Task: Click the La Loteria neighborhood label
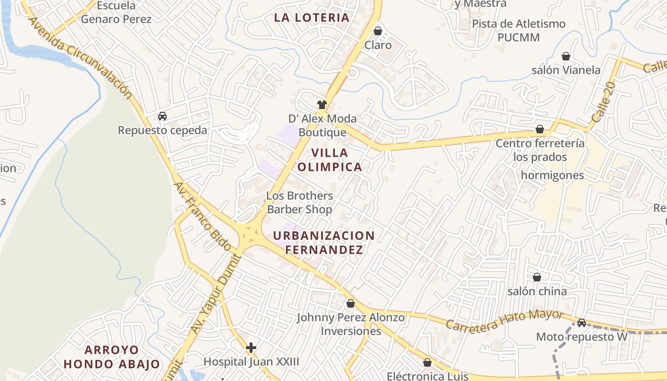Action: (x=312, y=18)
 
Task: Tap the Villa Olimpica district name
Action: (x=337, y=160)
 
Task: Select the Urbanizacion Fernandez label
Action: (x=324, y=242)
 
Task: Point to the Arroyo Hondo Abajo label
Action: (x=112, y=357)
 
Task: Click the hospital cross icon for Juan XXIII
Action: (x=251, y=348)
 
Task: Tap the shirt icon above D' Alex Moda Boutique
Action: (x=322, y=104)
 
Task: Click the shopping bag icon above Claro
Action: (x=378, y=31)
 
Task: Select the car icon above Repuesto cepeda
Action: (x=162, y=116)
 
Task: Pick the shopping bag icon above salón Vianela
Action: (x=566, y=56)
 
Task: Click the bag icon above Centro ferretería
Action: (x=540, y=129)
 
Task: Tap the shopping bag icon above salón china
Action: (x=537, y=277)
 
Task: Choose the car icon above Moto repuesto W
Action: (x=582, y=323)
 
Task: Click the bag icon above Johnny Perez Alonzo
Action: (x=351, y=303)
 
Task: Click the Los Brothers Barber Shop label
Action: (x=300, y=202)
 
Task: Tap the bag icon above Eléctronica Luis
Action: (x=427, y=362)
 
